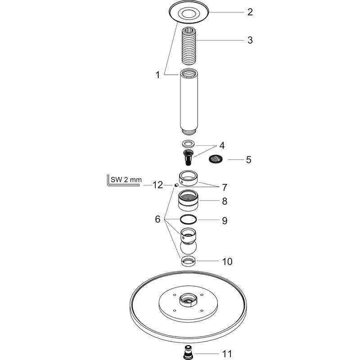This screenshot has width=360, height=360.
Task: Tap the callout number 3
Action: [x=250, y=40]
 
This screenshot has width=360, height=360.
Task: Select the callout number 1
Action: [x=158, y=76]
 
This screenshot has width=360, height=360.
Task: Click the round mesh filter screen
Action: [x=216, y=159]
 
